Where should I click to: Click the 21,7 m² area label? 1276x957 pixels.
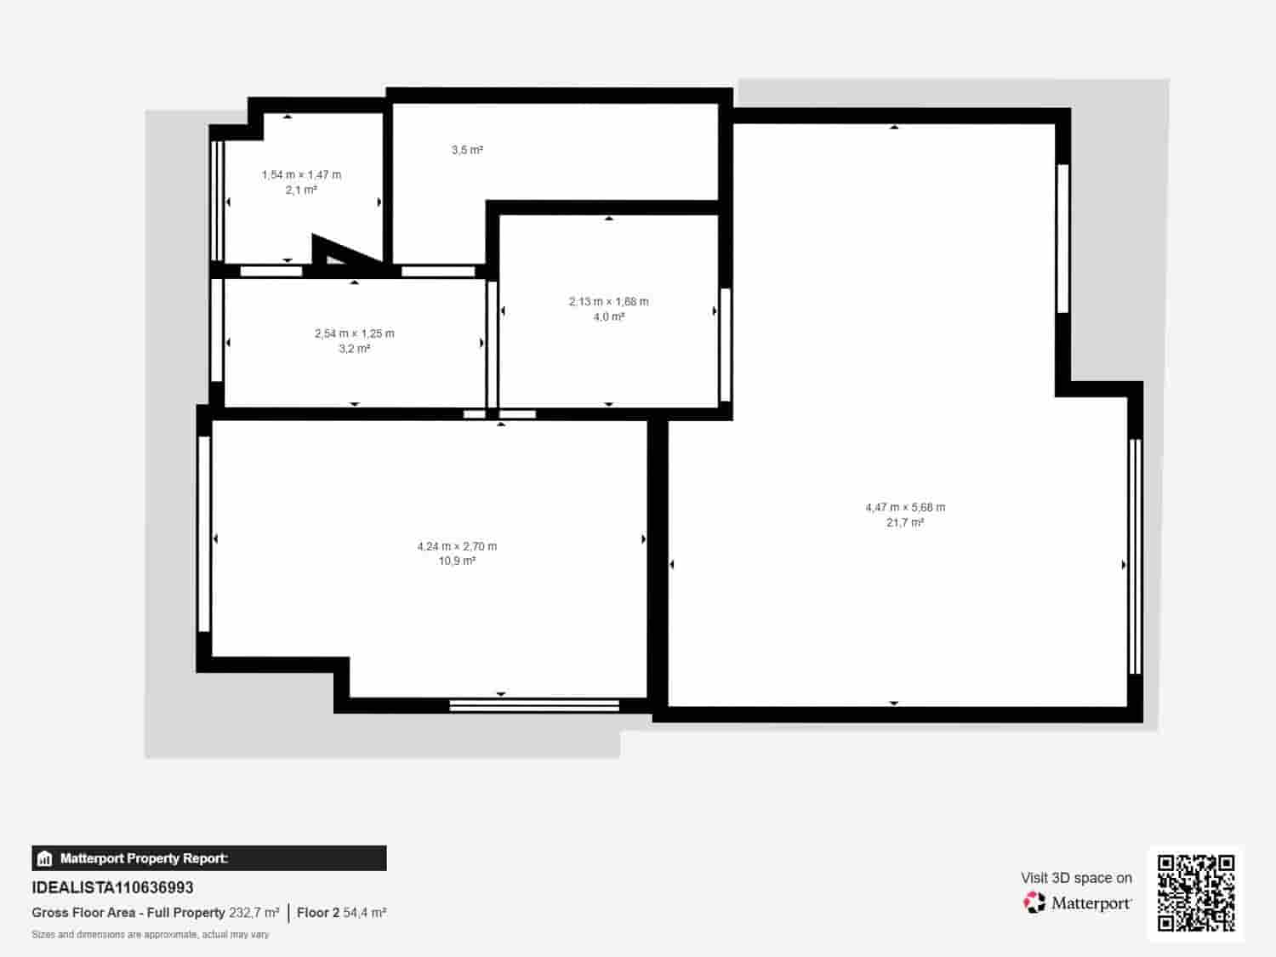coord(904,523)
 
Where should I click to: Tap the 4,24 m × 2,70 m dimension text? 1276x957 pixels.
coord(457,546)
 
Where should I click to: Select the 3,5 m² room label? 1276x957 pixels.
coord(467,151)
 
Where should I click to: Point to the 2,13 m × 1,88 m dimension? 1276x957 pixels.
coord(608,301)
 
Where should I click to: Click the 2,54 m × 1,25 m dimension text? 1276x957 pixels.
coord(354,333)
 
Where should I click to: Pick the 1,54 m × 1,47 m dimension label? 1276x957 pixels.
coord(301,174)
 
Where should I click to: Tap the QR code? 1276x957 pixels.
coord(1195,893)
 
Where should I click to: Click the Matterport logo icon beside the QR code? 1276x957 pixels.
coord(1034,903)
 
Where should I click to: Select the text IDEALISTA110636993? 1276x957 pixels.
coord(112,887)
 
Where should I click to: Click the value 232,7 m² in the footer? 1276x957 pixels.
coord(253,913)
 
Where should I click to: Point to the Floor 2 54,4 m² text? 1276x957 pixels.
coord(341,913)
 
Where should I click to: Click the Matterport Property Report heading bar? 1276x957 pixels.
coord(209,858)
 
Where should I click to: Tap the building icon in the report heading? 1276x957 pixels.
coord(45,858)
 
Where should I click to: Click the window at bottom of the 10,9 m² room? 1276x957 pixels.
coord(534,704)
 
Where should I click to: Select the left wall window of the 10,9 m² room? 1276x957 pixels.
coord(204,534)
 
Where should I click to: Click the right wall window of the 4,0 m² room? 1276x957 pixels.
coord(726,345)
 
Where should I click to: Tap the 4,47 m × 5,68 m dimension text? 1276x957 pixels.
coord(905,507)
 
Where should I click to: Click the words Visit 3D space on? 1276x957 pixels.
coord(1076,878)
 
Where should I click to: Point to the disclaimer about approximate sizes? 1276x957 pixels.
coord(150,934)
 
